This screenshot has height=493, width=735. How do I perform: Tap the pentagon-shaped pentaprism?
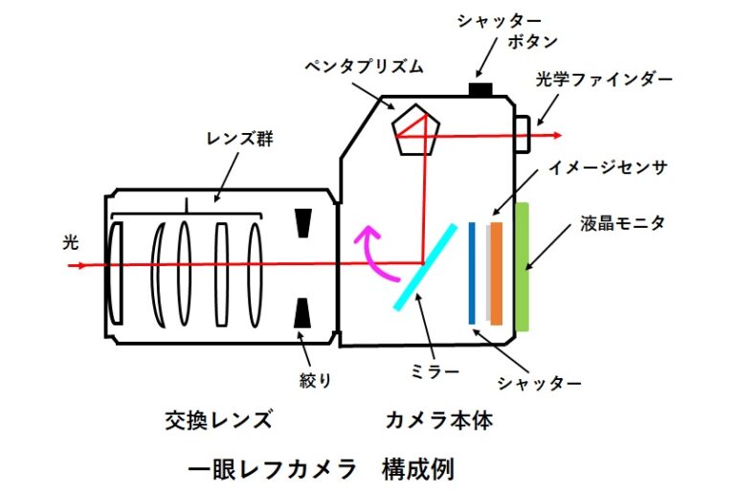click(416, 130)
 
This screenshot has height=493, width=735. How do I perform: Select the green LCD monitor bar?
click(523, 267)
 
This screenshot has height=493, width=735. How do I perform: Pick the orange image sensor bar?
click(497, 273)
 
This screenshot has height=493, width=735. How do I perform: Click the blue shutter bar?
click(473, 273)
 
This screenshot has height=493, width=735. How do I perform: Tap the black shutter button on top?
click(479, 89)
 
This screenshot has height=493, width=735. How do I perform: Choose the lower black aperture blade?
click(302, 312)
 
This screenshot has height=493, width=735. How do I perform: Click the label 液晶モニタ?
click(622, 223)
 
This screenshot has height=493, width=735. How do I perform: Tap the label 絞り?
click(316, 380)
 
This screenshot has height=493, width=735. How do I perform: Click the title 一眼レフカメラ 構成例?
click(321, 469)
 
